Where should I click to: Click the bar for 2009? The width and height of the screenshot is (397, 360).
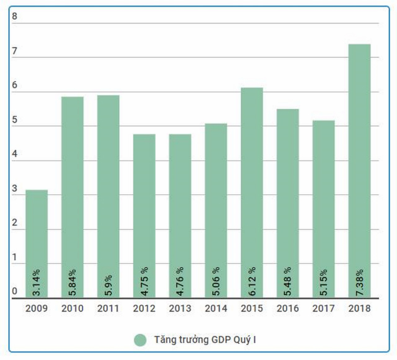37,242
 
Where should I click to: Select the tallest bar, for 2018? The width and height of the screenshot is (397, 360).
359,168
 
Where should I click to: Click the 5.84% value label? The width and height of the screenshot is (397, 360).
73,281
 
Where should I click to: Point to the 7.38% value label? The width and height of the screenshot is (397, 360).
359,281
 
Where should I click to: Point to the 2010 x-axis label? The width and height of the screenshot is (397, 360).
73,308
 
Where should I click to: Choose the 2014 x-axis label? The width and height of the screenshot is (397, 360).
216,308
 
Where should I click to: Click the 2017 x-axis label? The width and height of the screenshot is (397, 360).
323,308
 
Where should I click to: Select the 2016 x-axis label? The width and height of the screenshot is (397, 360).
287,308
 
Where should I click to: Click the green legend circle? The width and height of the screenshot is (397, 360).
140,340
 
